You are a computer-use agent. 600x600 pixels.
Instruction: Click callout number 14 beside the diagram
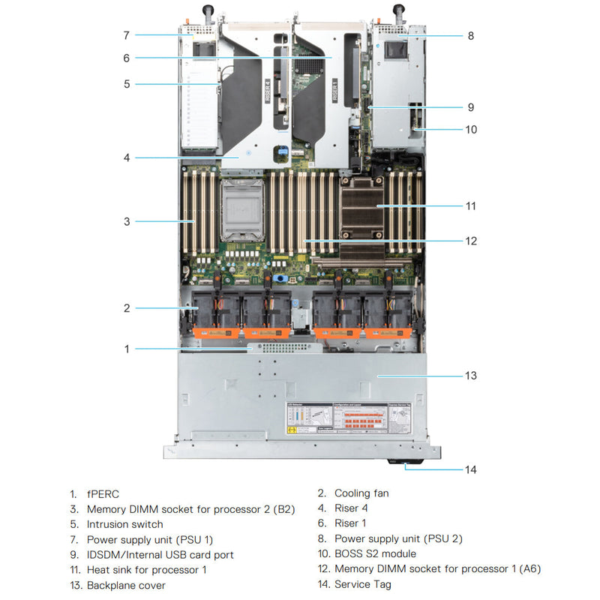pos(470,470)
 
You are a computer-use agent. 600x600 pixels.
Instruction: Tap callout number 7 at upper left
pos(127,34)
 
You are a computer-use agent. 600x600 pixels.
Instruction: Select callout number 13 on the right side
pos(470,375)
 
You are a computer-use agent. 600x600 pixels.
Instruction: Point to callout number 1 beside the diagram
pos(127,349)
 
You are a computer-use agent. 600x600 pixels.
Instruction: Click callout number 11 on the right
pos(470,205)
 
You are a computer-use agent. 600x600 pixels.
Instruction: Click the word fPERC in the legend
pos(103,493)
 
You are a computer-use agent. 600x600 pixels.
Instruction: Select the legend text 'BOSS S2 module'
pos(375,554)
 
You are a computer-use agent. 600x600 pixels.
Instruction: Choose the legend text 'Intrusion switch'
pos(124,524)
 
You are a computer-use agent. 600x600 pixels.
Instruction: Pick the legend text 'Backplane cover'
pos(126,584)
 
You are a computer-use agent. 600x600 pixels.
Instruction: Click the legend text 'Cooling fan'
pos(361,493)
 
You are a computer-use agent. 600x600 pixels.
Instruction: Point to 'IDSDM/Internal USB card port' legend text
pos(160,554)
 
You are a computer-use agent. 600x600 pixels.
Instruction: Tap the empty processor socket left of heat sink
pos(243,210)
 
